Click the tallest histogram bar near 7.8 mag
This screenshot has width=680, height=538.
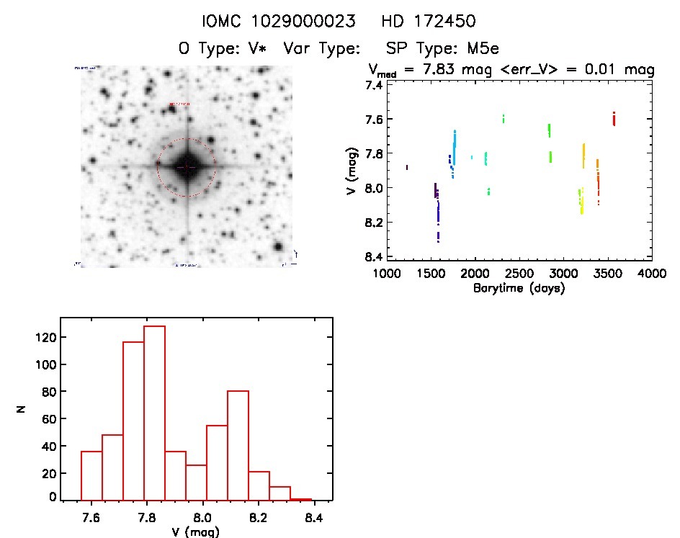tap(154, 413)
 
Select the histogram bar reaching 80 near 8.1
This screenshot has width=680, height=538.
tap(238, 445)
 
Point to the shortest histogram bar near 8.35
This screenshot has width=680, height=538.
tap(300, 499)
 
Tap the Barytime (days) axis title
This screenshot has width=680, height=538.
tap(519, 288)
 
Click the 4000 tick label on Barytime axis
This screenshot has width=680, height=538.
tap(651, 274)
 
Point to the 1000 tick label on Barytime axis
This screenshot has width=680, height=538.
tap(386, 274)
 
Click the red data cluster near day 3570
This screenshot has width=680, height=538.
tap(614, 119)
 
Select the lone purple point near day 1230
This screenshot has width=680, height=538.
tap(407, 167)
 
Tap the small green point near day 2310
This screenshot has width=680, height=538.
tap(504, 118)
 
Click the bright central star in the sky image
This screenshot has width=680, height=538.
tap(186, 166)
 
